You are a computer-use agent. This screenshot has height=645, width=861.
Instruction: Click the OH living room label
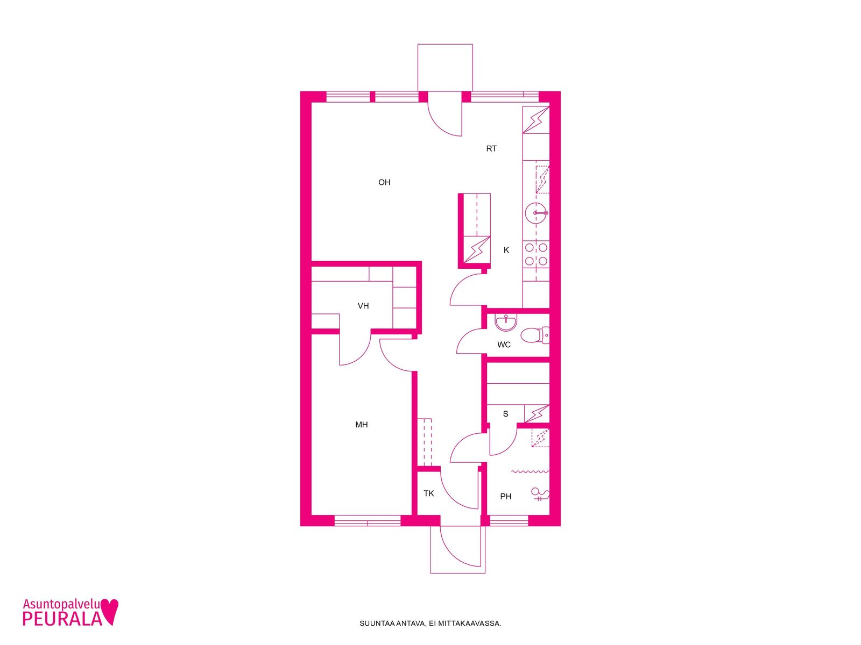384,182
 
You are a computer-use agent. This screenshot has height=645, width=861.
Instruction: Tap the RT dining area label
491,148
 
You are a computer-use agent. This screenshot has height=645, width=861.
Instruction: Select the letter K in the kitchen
506,250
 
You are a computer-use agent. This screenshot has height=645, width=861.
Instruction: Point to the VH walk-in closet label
363,306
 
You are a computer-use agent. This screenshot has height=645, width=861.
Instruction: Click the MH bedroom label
361,425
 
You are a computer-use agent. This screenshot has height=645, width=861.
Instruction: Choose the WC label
504,345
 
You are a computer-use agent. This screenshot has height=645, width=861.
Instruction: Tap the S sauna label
505,413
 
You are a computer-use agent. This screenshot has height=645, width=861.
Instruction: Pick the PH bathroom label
505,497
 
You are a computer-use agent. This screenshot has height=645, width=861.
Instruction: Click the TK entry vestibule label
428,493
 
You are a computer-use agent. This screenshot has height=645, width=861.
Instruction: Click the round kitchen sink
536,213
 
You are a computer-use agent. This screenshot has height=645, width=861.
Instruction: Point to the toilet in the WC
535,335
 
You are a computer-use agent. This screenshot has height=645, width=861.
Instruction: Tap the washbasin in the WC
506,323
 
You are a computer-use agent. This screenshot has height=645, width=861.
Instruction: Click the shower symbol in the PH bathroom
540,494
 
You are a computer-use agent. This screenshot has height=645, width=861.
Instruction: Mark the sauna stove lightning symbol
536,413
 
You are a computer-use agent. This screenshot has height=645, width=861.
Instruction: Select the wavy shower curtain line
530,471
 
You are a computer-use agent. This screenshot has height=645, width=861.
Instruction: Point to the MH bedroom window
368,520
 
